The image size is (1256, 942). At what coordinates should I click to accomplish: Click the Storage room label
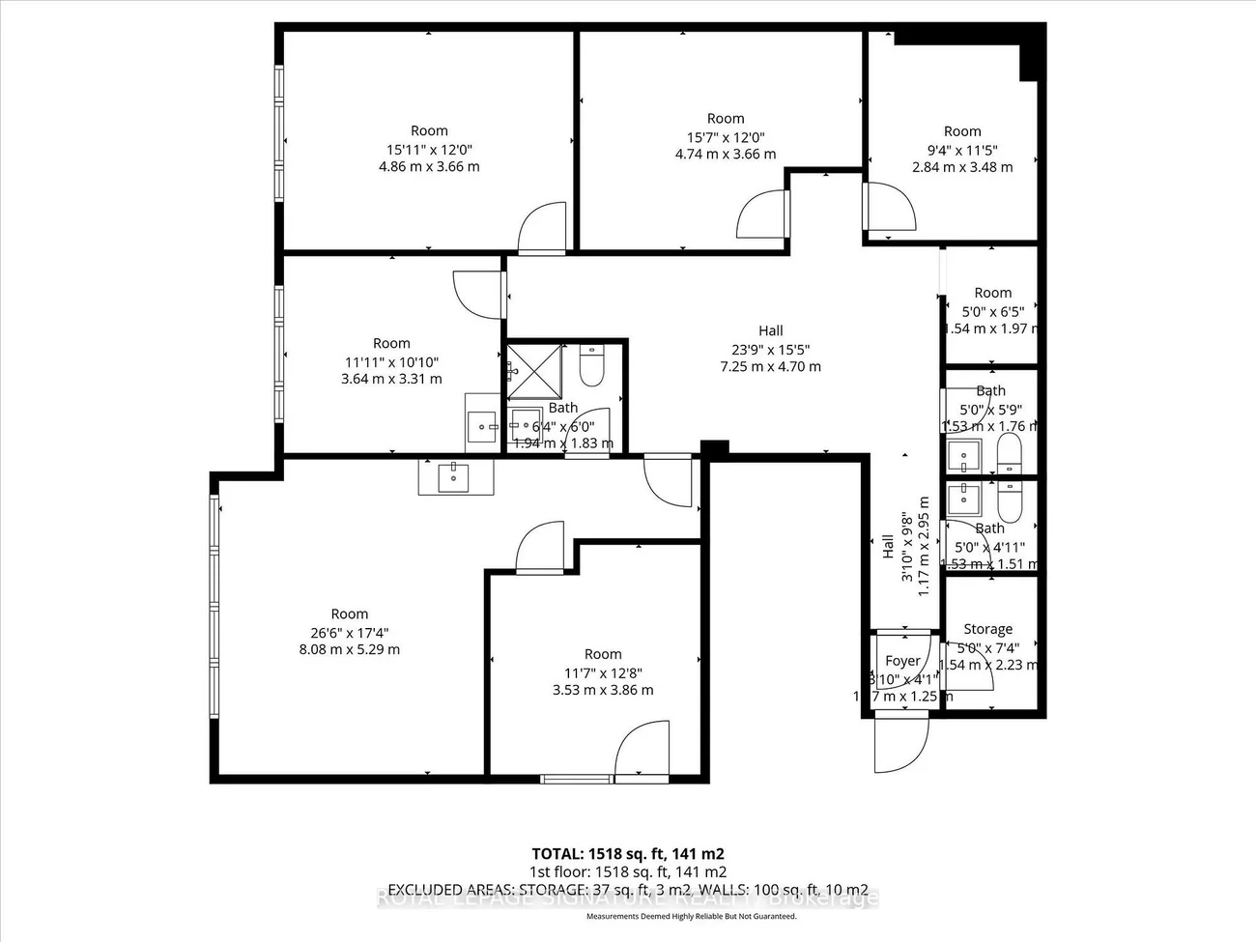987,629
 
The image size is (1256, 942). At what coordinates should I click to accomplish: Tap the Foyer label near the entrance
902,661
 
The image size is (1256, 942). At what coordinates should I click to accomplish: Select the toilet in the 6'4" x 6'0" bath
591,366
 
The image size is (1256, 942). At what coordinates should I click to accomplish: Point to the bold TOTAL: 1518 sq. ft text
628,854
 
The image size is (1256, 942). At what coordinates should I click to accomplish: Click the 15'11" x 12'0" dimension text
429,149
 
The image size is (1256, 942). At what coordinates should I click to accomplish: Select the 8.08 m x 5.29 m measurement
350,649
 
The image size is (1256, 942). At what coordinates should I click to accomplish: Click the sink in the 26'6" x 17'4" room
454,475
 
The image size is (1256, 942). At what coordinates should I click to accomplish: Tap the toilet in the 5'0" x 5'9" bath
1009,454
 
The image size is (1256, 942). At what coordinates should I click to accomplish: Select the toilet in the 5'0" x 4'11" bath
1009,500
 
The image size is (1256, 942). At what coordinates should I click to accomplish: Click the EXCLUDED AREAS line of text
628,890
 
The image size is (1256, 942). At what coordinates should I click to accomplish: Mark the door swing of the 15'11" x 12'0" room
542,230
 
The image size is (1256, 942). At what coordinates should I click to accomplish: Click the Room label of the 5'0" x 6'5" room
992,293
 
